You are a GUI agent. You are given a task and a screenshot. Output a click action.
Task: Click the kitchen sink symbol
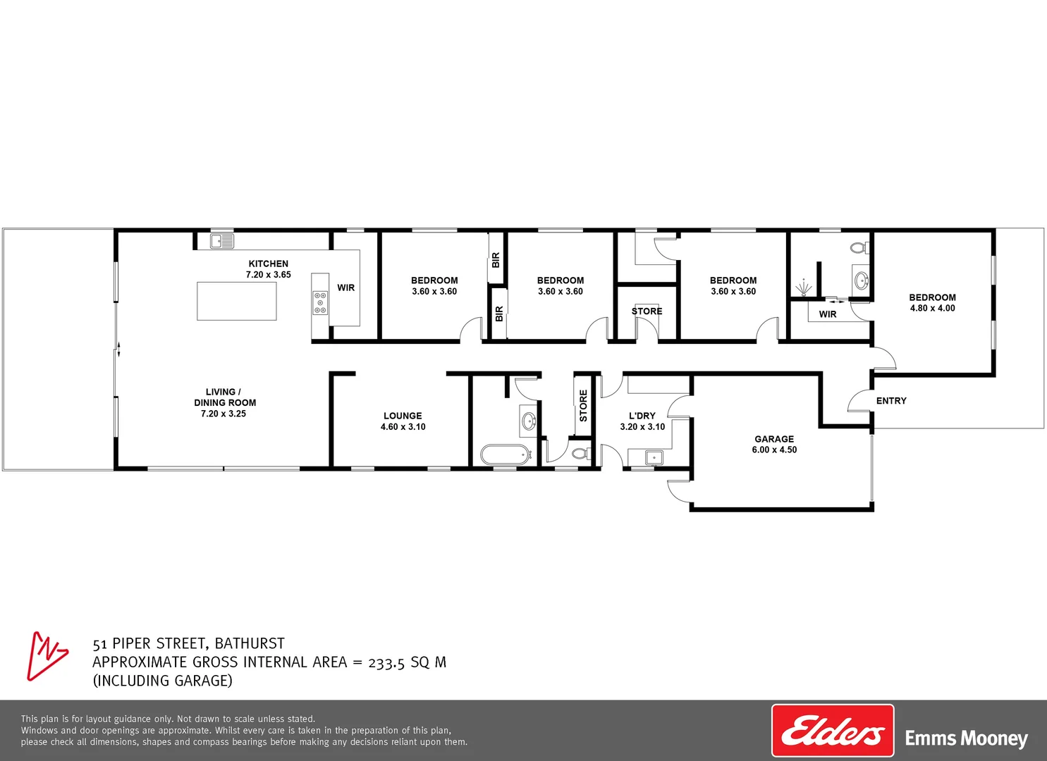pyautogui.click(x=221, y=242)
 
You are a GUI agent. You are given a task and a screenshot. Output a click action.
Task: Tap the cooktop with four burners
pyautogui.click(x=320, y=302)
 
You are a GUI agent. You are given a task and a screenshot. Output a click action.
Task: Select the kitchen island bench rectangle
pyautogui.click(x=236, y=301)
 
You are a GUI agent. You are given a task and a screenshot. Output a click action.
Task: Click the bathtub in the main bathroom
pyautogui.click(x=505, y=454)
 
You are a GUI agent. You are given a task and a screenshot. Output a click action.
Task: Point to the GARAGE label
pyautogui.click(x=774, y=439)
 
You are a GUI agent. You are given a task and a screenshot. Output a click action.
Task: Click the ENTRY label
pyautogui.click(x=891, y=401)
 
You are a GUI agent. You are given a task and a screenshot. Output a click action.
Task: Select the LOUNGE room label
pyautogui.click(x=403, y=416)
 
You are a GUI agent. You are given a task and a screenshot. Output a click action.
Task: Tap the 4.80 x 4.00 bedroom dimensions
pyautogui.click(x=932, y=308)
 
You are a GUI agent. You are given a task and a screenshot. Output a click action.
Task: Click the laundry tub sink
pyautogui.click(x=654, y=458)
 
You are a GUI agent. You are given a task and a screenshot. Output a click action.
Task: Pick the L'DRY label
pyautogui.click(x=642, y=416)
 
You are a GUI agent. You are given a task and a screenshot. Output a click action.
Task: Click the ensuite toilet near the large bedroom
pyautogui.click(x=859, y=248)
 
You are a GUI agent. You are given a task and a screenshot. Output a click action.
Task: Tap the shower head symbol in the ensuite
pyautogui.click(x=803, y=287)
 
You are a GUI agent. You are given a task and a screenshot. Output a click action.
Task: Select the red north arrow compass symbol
pyautogui.click(x=47, y=655)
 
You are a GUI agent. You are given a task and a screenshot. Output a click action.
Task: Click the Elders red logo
pyautogui.click(x=833, y=731)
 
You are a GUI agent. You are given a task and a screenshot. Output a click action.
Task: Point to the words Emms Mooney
pyautogui.click(x=966, y=738)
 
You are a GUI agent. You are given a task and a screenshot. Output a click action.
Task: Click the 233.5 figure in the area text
pyautogui.click(x=386, y=662)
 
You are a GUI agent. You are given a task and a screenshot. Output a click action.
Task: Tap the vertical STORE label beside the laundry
pyautogui.click(x=583, y=406)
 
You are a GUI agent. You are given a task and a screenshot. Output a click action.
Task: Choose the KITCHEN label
pyautogui.click(x=268, y=264)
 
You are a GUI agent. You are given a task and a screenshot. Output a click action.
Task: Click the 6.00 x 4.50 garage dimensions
pyautogui.click(x=774, y=450)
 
